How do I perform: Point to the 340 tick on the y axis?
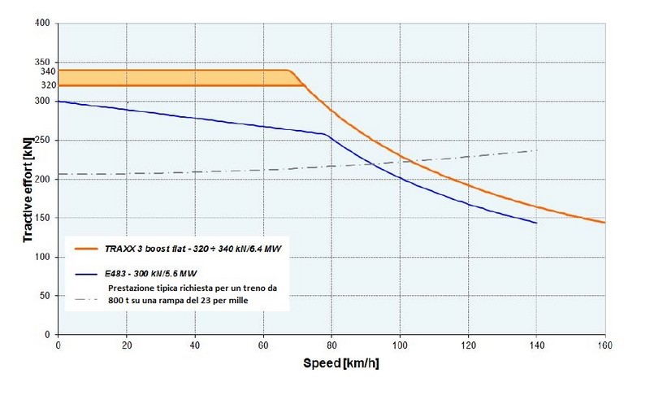(x=48, y=71)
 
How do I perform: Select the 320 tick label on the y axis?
(x=48, y=85)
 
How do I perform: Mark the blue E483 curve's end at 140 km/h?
(x=536, y=223)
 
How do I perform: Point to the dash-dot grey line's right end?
(x=537, y=150)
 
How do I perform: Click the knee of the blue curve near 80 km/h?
(x=325, y=134)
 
